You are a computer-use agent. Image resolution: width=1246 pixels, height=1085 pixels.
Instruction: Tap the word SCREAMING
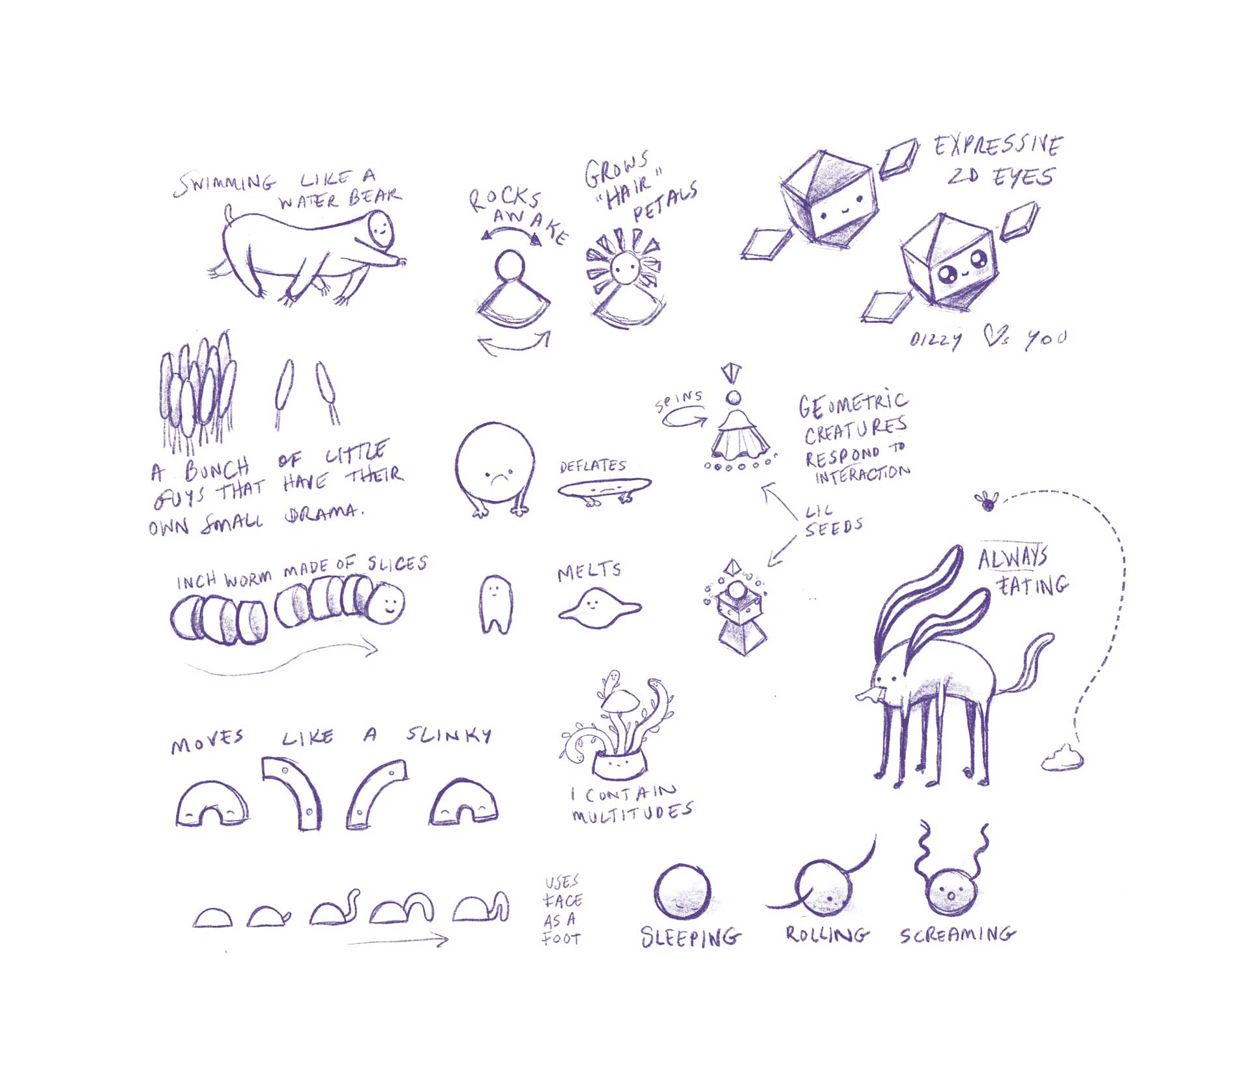[x=957, y=935]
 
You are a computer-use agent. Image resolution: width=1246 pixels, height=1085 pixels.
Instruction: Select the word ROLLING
[x=826, y=935]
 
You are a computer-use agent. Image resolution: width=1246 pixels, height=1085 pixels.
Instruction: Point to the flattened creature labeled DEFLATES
[x=604, y=488]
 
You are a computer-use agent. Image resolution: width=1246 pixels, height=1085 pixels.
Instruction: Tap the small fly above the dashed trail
[x=987, y=501]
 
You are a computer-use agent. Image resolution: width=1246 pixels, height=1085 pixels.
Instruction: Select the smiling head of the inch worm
[x=389, y=602]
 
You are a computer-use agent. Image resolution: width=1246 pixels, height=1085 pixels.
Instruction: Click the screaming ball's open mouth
[x=951, y=896]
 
